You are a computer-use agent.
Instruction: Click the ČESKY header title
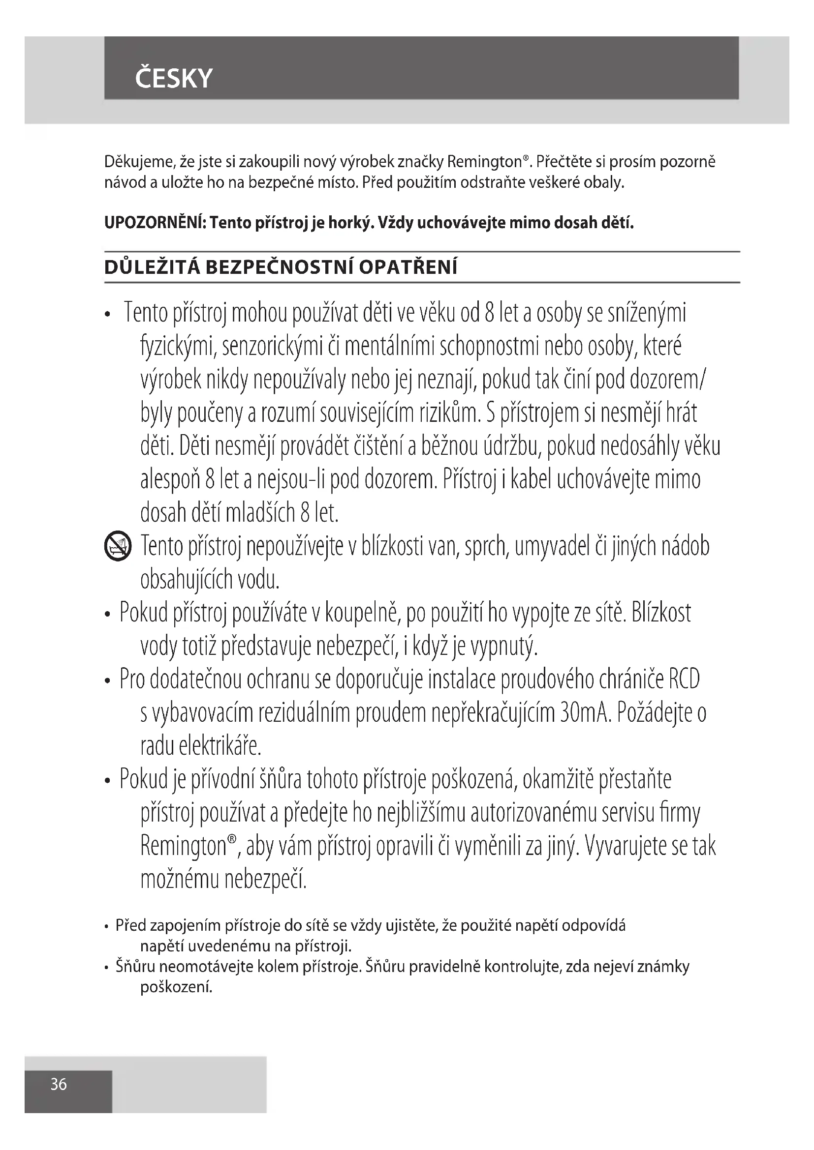tap(173, 79)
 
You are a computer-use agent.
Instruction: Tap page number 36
tap(59, 1085)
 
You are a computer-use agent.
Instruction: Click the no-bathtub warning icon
tap(118, 546)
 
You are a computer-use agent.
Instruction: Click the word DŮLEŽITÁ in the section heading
tap(152, 268)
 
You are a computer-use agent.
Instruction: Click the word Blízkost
tap(661, 613)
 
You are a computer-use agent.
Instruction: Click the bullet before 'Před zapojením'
tap(107, 927)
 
